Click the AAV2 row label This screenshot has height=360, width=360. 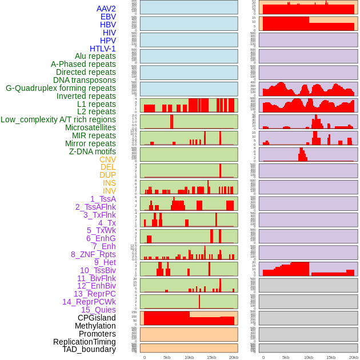pyautogui.click(x=106, y=9)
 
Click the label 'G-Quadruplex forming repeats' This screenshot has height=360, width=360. pyautogui.click(x=61, y=88)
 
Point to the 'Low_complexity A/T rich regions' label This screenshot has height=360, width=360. pyautogui.click(x=58, y=119)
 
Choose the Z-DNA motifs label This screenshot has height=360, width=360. pyautogui.click(x=92, y=151)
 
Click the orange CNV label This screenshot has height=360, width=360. pyautogui.click(x=107, y=159)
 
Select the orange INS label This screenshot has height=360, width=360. pyautogui.click(x=109, y=183)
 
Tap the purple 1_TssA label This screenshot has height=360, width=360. pyautogui.click(x=103, y=199)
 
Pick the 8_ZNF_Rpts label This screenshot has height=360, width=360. pyautogui.click(x=93, y=254)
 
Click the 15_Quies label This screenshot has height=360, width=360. pyautogui.click(x=98, y=310)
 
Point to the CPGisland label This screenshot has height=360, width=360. pyautogui.click(x=97, y=318)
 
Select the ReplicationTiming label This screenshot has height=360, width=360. pyautogui.click(x=84, y=342)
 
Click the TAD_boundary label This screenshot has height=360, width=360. pyautogui.click(x=89, y=349)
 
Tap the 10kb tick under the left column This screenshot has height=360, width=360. pyautogui.click(x=189, y=357)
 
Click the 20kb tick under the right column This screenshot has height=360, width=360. pyautogui.click(x=353, y=357)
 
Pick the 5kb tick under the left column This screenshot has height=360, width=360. pyautogui.click(x=167, y=357)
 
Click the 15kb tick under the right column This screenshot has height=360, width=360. pyautogui.click(x=330, y=357)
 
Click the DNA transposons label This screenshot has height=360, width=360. pyautogui.click(x=85, y=80)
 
